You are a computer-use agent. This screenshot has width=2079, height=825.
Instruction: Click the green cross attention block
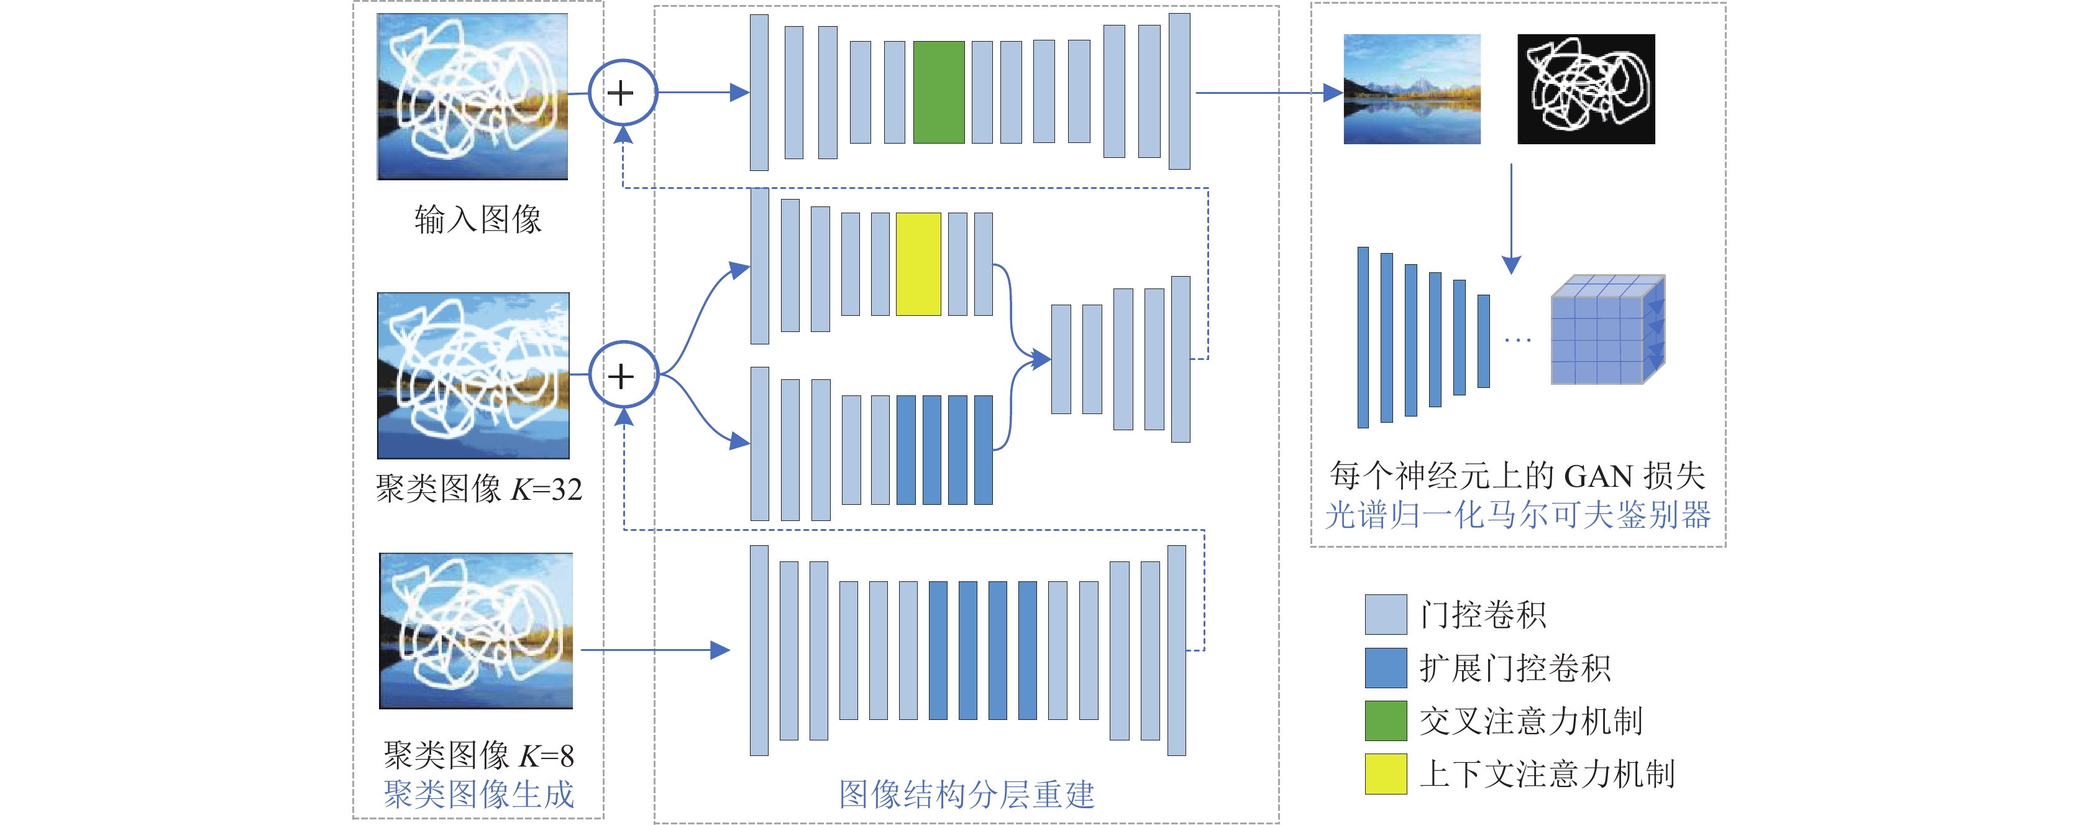point(939,92)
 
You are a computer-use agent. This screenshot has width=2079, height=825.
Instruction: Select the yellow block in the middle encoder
point(918,264)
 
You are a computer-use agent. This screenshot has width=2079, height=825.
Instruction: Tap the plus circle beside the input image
point(622,93)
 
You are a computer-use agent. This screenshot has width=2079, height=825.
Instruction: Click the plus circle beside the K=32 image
point(622,376)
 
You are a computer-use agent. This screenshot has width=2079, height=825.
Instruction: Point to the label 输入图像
point(478,219)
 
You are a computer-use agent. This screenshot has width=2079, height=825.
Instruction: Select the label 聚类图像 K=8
point(478,755)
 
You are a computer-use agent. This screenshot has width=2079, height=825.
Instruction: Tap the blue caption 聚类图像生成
point(478,795)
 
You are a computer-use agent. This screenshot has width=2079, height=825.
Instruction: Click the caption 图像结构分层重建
point(967,795)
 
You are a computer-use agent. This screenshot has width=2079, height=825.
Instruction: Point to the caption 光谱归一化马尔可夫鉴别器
point(1517,514)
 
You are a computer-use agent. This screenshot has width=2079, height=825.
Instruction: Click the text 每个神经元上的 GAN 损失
point(1517,476)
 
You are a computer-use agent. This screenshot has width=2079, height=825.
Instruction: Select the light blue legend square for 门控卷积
point(1386,614)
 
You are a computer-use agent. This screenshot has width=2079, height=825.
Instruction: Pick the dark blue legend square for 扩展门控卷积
point(1386,668)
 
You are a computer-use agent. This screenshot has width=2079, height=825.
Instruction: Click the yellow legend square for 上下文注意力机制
point(1386,773)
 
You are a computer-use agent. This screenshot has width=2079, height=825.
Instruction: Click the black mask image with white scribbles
point(1586,89)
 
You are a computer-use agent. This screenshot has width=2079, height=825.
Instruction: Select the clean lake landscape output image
point(1412,89)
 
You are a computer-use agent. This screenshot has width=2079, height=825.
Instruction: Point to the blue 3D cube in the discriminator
point(1607,330)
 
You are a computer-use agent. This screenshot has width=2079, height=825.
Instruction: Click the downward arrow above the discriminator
point(1511,219)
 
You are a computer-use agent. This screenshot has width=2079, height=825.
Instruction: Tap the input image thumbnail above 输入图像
point(472,96)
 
